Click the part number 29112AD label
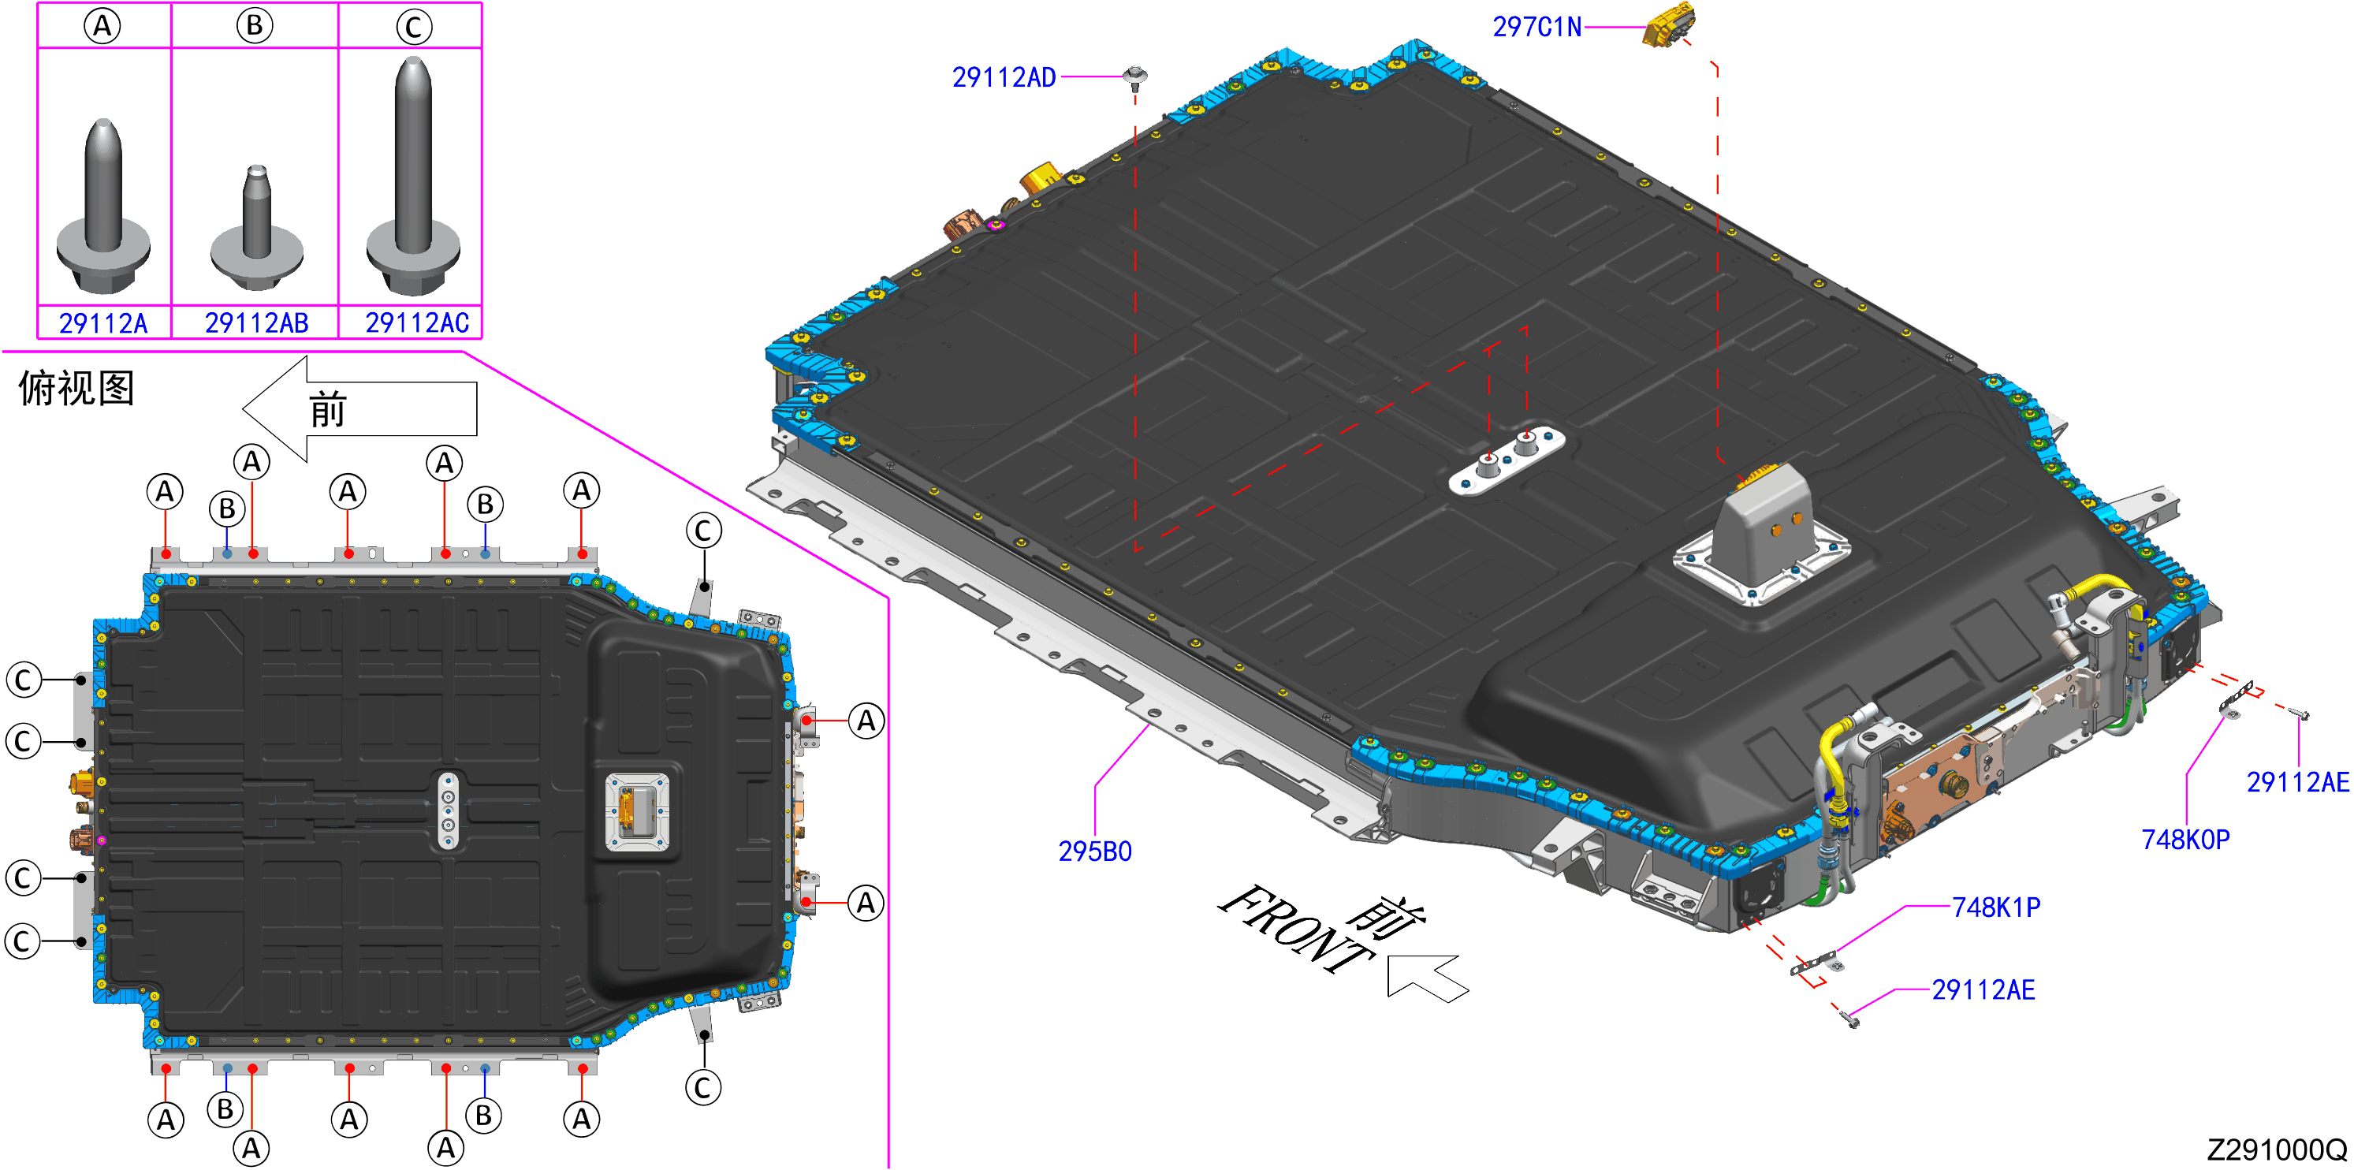1004,78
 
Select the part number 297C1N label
1537,28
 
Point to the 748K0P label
2185,839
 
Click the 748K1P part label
1996,907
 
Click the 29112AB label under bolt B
257,322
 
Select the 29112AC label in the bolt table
417,322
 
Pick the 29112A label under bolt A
103,322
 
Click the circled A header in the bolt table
102,25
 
